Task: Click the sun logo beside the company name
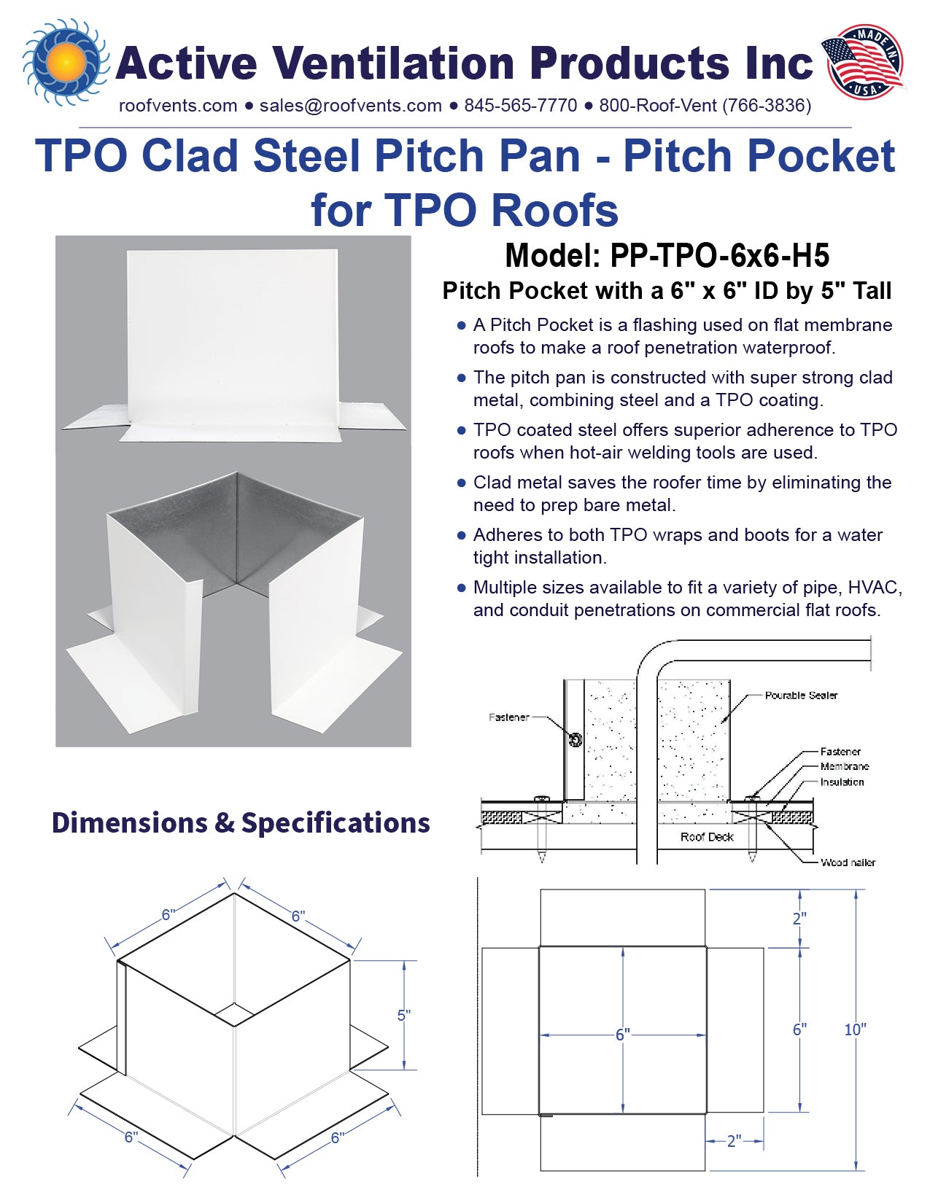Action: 66,62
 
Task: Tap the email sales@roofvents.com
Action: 350,106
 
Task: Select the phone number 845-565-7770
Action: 520,106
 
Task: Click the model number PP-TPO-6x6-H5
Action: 719,256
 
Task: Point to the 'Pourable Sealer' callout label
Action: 801,696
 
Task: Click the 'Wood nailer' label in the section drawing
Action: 848,863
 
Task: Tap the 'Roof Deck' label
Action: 707,837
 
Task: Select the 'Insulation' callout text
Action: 842,782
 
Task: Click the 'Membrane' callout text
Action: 844,766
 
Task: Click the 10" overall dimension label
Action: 855,1029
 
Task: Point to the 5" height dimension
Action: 404,1015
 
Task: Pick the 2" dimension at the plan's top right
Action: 799,919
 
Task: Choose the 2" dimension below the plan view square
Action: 734,1141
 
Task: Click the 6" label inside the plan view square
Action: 622,1035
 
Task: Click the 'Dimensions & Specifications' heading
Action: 241,822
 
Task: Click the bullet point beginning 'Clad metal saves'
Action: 461,483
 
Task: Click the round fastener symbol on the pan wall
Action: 575,740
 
